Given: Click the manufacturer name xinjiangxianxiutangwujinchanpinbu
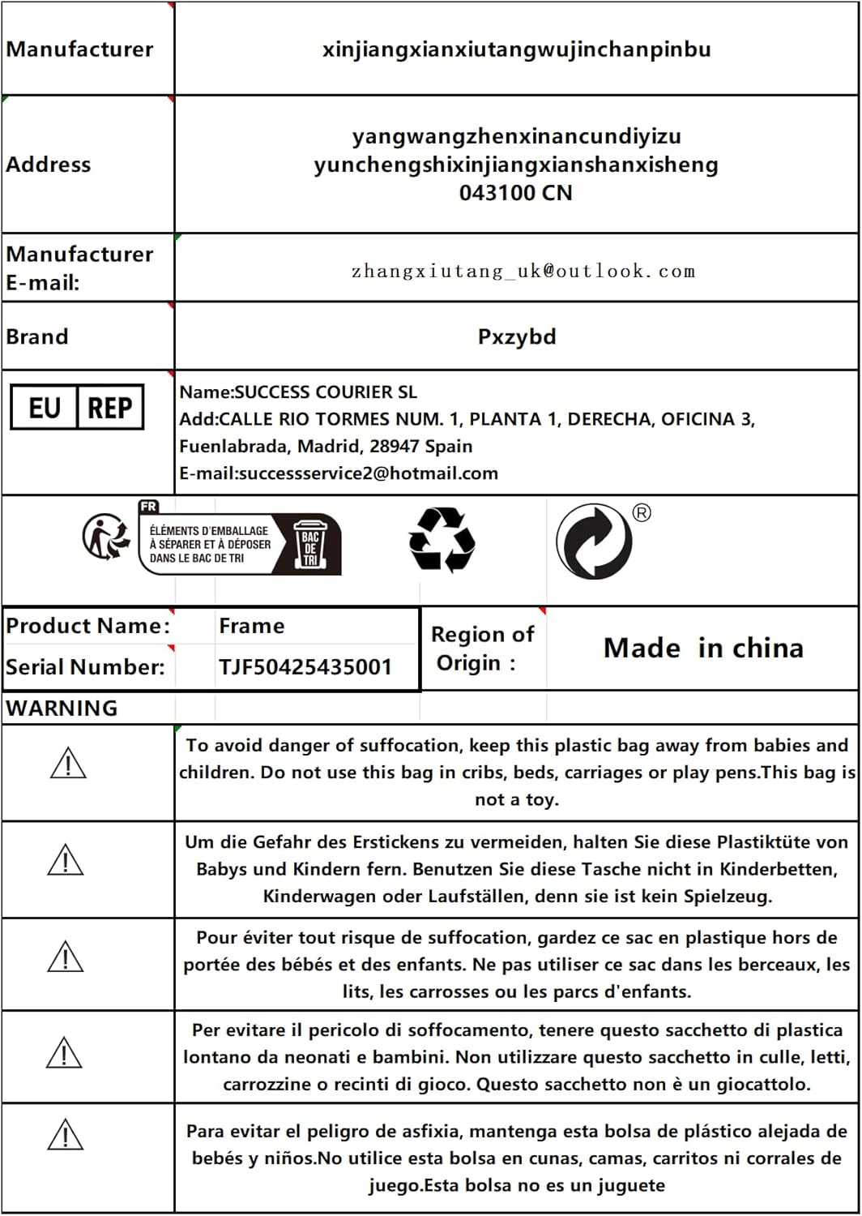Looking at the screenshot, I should click(x=516, y=49).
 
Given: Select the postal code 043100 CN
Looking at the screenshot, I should click(x=515, y=193).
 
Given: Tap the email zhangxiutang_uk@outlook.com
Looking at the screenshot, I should click(x=523, y=271).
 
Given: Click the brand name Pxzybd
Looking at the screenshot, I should click(x=517, y=336).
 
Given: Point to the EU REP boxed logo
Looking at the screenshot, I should click(x=77, y=407).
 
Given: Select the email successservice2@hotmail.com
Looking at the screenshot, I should click(x=368, y=473).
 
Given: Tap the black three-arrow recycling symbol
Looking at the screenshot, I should click(x=442, y=540).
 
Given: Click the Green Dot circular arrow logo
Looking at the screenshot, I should click(x=594, y=542).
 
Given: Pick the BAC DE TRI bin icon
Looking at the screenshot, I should click(x=310, y=544).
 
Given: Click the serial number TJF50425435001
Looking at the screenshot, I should click(x=305, y=667).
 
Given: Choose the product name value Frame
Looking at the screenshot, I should click(x=251, y=626).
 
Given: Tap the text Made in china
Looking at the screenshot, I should click(x=703, y=648).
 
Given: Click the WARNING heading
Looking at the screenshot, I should click(x=62, y=708).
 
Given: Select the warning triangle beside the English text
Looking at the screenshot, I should click(x=68, y=764).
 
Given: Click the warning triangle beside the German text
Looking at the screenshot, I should click(x=66, y=860).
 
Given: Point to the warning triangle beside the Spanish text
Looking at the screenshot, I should click(x=66, y=1134).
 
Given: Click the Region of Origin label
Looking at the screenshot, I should click(x=482, y=649).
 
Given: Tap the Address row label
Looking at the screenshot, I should click(x=49, y=165).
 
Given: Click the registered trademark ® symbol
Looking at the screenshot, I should click(x=642, y=512).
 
